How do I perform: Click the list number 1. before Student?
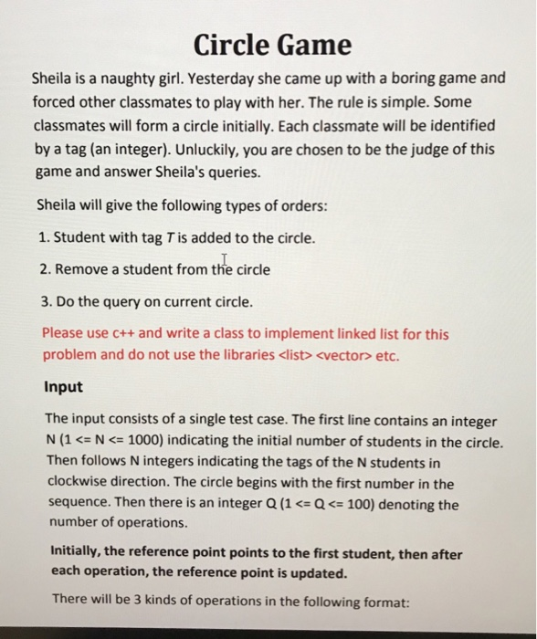(45, 238)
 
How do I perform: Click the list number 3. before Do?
(45, 300)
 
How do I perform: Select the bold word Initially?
(75, 554)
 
